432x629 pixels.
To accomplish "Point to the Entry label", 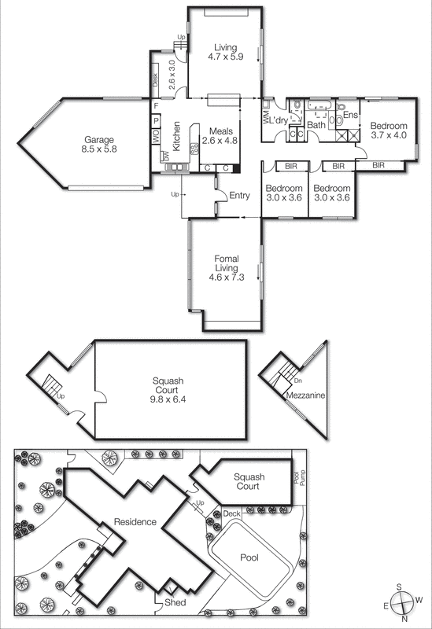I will (x=239, y=196).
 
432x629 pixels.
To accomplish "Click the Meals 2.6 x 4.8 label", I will (x=220, y=135).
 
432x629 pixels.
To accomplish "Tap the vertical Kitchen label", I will (x=177, y=135).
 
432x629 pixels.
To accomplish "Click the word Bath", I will (x=316, y=125).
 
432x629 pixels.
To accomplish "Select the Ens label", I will (x=351, y=115).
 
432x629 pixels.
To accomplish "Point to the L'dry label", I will (x=279, y=120).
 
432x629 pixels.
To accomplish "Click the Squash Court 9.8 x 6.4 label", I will (x=168, y=389).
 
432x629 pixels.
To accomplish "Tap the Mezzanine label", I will (x=305, y=396).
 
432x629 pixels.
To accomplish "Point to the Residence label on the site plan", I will (x=135, y=521).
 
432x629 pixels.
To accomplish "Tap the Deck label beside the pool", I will (x=231, y=513).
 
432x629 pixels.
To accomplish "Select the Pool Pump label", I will (x=297, y=480).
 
